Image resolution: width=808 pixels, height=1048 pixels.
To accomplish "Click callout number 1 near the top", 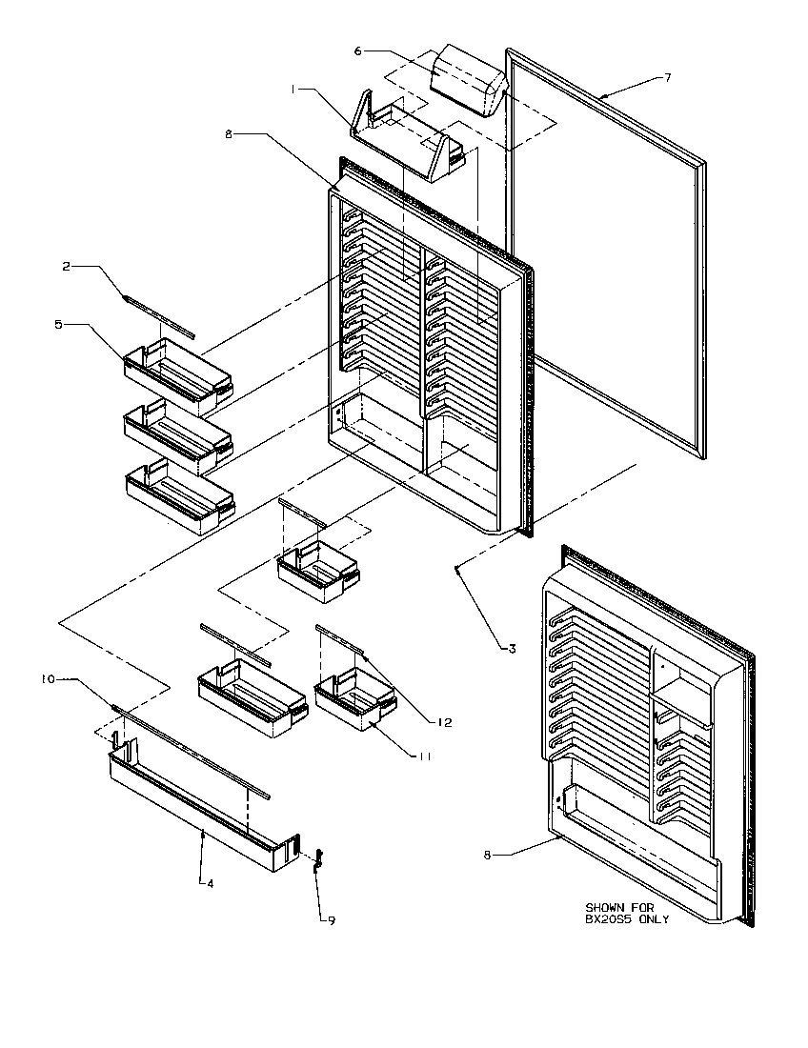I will click(296, 89).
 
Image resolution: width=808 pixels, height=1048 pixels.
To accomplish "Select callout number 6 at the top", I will click(358, 50).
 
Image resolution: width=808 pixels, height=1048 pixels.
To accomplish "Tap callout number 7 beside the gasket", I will click(667, 77).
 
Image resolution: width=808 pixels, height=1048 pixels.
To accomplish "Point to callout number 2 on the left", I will click(66, 267).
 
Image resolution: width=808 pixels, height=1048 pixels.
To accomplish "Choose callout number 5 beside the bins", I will click(58, 325).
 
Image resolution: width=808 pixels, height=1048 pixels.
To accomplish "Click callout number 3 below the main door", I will click(511, 649).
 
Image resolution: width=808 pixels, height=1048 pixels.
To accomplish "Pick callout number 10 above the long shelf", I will click(47, 679).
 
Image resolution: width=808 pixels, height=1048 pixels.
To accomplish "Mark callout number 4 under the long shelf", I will click(210, 883).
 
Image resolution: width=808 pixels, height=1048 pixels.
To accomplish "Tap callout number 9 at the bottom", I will click(331, 920).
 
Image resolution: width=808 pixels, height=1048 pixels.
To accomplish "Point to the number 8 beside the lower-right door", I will click(489, 856).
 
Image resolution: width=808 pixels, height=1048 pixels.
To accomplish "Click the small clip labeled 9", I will click(318, 857).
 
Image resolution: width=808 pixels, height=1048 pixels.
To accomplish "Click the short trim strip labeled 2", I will click(158, 314).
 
